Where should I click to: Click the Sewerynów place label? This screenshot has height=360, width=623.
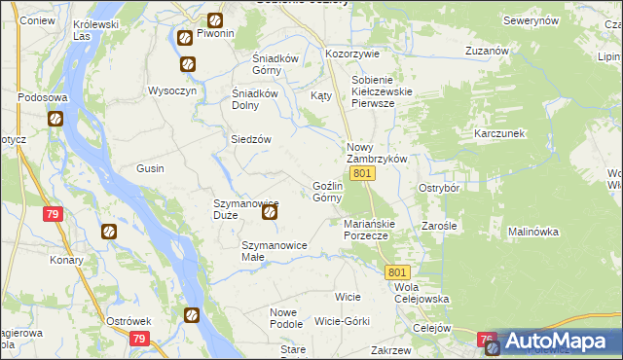(x=530, y=19)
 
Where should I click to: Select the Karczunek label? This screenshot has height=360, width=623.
(x=499, y=132)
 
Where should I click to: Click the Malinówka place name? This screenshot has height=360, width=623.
(x=532, y=232)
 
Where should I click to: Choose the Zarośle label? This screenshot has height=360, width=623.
(x=440, y=225)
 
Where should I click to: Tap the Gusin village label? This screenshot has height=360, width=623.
(x=150, y=168)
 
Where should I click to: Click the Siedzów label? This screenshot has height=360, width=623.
(x=250, y=139)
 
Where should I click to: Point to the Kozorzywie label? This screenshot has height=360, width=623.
(x=350, y=54)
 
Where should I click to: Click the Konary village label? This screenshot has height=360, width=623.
(x=66, y=260)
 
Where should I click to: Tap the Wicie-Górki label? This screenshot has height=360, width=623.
(x=343, y=321)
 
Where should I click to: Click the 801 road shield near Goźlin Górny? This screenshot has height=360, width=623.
(x=362, y=173)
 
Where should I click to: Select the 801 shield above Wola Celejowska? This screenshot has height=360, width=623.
(x=397, y=273)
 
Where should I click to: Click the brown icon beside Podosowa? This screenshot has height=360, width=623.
(x=55, y=120)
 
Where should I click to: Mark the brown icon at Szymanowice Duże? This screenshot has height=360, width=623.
(x=271, y=211)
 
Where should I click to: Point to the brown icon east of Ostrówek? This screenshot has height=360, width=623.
(x=192, y=315)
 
